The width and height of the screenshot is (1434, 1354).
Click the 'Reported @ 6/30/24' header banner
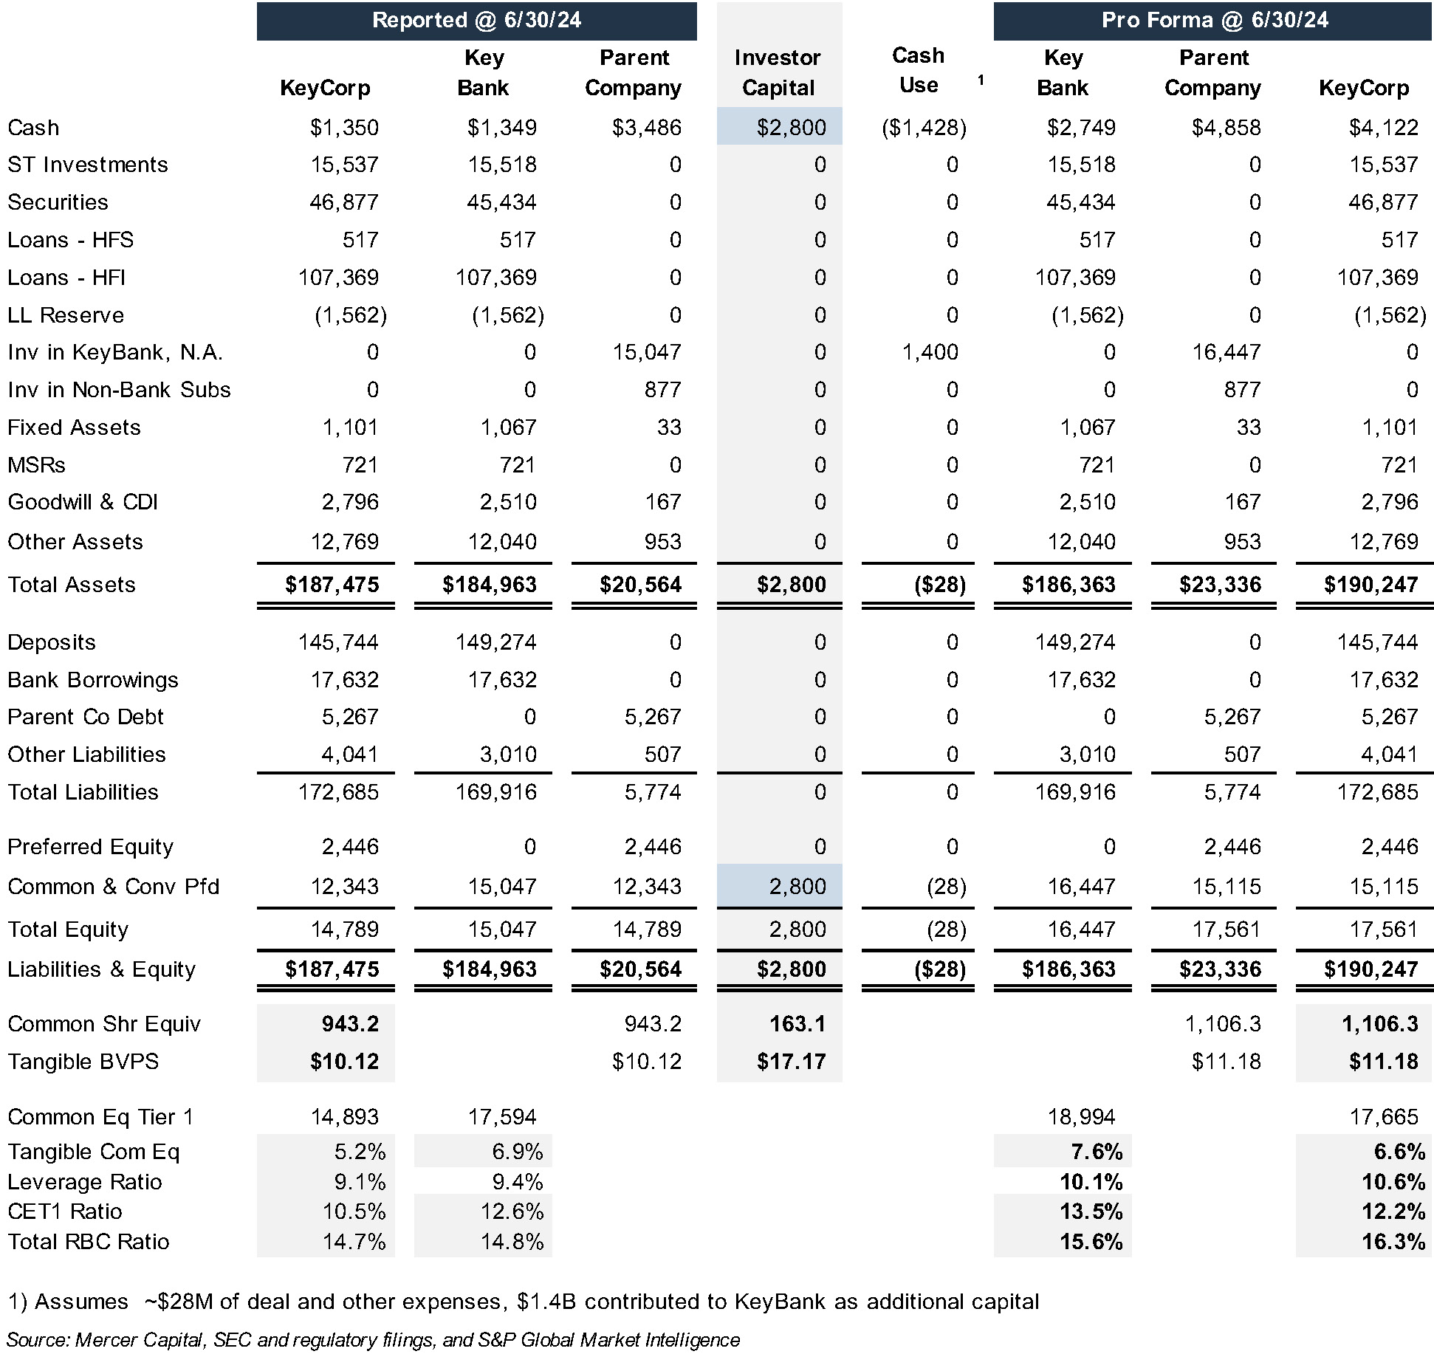coord(476,21)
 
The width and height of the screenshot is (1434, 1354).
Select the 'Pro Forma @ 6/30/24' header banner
coord(1213,21)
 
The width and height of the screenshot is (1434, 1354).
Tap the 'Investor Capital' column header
coord(778,72)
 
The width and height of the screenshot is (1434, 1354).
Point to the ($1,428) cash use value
coord(924,128)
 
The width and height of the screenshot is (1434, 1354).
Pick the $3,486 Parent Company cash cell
coord(646,128)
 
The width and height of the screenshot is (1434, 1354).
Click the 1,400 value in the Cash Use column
coord(930,352)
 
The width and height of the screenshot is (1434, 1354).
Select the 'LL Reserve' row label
coord(66,315)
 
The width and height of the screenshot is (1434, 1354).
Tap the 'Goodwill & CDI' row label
coord(83,502)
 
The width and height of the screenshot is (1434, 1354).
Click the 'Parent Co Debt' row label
coord(86,717)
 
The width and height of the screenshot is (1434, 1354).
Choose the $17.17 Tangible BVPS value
coord(791,1062)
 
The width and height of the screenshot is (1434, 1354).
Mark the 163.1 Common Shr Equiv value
coord(797,1024)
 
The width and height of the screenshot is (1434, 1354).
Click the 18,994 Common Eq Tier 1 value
coord(1081,1117)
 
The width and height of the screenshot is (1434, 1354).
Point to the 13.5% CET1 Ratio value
coord(1091,1212)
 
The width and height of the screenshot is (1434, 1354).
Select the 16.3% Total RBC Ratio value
coord(1393,1242)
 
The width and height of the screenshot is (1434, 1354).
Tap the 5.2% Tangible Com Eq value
coord(360,1152)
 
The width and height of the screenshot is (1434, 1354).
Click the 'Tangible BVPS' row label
coord(83,1062)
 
